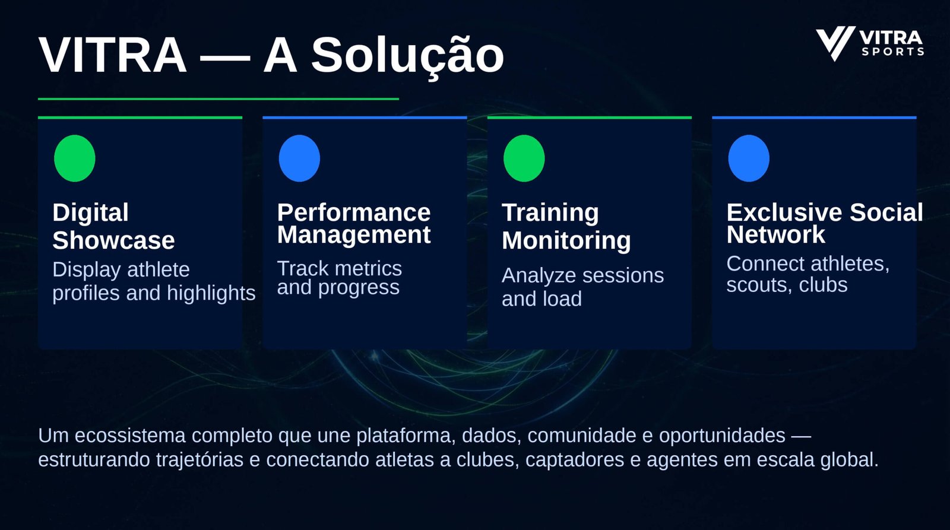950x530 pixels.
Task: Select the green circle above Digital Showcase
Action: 75,158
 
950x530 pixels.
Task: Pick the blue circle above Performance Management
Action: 299,158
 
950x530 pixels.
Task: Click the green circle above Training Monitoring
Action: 524,158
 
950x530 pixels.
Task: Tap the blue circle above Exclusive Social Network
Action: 749,158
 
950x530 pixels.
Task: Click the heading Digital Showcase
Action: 113,226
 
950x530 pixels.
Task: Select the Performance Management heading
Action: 354,223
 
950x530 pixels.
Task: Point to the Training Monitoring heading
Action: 566,226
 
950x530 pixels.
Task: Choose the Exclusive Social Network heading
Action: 825,223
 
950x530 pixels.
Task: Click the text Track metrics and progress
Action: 339,278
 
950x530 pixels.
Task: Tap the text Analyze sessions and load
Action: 582,287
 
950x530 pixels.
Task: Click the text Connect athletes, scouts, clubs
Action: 808,274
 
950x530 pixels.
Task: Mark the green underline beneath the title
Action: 218,99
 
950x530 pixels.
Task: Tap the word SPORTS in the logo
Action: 893,52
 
